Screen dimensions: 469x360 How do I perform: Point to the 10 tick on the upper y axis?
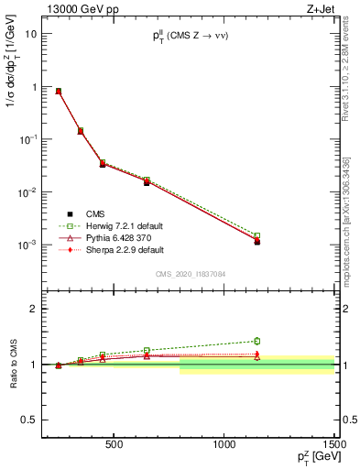click(x=29, y=33)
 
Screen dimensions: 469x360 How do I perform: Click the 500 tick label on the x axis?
click(x=115, y=445)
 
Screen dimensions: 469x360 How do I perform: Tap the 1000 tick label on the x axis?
click(x=224, y=445)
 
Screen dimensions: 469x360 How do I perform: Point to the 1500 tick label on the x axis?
click(x=333, y=445)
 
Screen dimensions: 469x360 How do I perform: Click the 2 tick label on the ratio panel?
click(x=32, y=310)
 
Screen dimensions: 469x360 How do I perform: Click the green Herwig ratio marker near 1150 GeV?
click(x=257, y=341)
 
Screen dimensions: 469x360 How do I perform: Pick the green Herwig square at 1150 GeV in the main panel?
click(x=257, y=235)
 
